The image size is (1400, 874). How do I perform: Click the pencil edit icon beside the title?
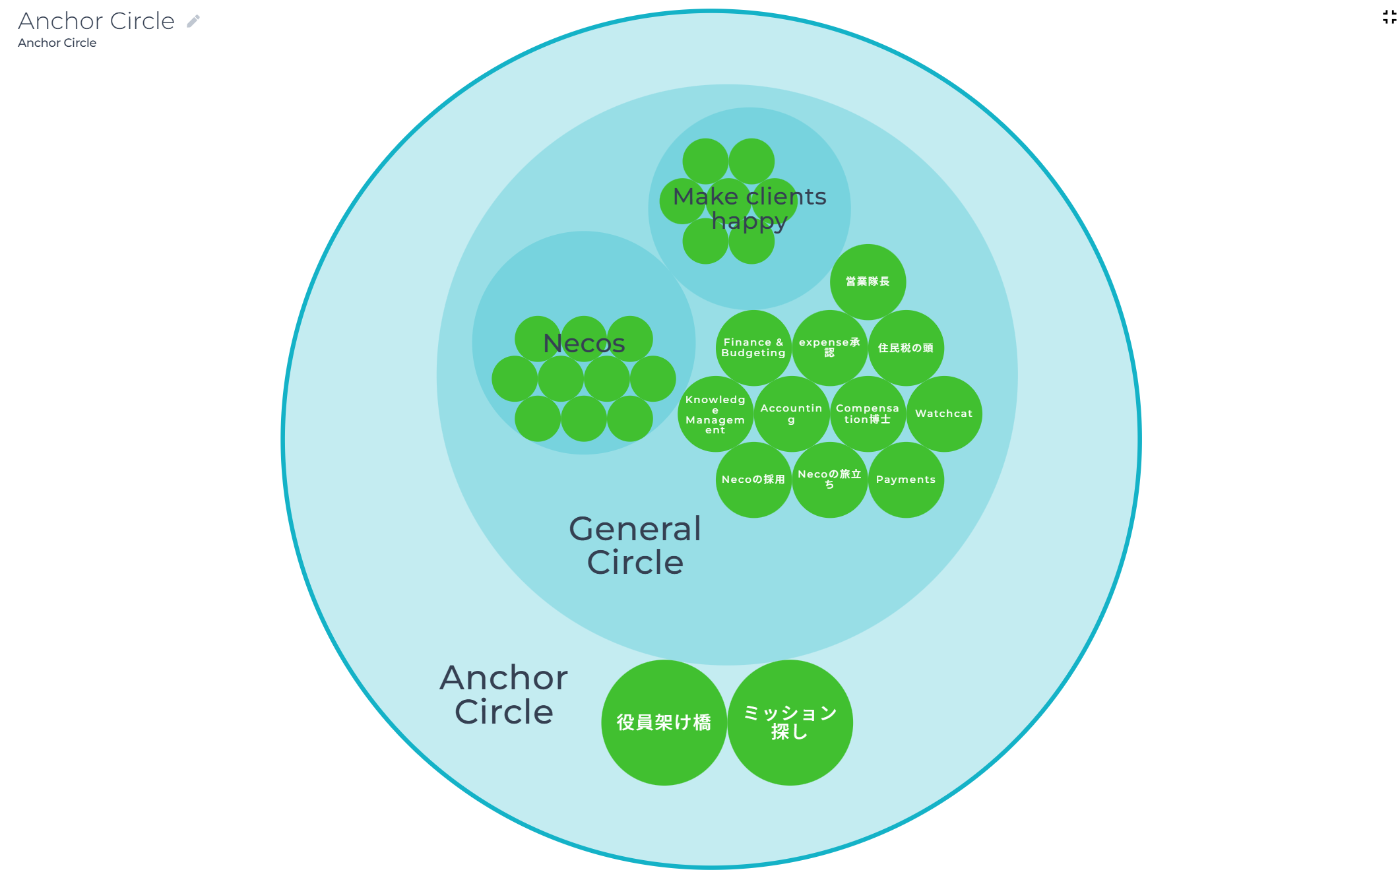(x=193, y=21)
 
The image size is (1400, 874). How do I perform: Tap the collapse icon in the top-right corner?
(x=1389, y=17)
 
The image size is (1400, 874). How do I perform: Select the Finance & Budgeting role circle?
(x=753, y=348)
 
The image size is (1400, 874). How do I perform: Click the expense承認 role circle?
(x=830, y=348)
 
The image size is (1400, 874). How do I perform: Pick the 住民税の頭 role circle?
(x=906, y=348)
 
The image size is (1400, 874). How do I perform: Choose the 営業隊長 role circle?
(x=868, y=282)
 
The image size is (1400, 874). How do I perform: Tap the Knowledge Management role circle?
(x=715, y=414)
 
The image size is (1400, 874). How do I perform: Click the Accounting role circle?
(x=792, y=414)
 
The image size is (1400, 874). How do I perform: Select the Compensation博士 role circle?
(x=868, y=414)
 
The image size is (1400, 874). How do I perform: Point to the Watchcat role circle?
(x=944, y=414)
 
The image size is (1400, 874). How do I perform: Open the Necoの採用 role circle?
(x=753, y=480)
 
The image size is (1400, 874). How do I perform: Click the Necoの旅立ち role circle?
(x=830, y=480)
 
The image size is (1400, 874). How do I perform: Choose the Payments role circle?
(x=906, y=480)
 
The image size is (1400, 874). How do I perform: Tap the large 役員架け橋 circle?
(x=664, y=722)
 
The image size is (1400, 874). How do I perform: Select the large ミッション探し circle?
(x=790, y=722)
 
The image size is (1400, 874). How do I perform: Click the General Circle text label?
(x=635, y=546)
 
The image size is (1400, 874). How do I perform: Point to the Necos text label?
(x=584, y=343)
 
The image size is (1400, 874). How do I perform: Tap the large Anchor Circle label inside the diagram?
(x=504, y=695)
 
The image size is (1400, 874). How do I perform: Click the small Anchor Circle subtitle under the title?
(x=57, y=43)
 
